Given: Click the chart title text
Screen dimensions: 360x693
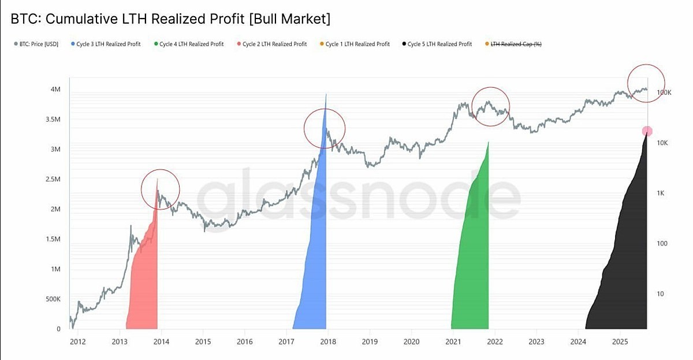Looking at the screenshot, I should (x=170, y=18).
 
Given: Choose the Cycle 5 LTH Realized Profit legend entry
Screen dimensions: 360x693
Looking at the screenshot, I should (x=439, y=44).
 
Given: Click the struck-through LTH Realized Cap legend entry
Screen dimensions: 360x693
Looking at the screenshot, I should (x=516, y=44).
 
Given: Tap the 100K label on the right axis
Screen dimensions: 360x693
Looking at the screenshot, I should (x=664, y=92).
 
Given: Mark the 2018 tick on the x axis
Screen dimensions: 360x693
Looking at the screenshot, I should (x=327, y=342).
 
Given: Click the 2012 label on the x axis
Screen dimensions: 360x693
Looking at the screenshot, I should (x=78, y=342).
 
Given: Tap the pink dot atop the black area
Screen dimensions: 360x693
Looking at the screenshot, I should (x=647, y=132).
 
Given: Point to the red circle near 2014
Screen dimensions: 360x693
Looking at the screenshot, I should (x=161, y=189).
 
